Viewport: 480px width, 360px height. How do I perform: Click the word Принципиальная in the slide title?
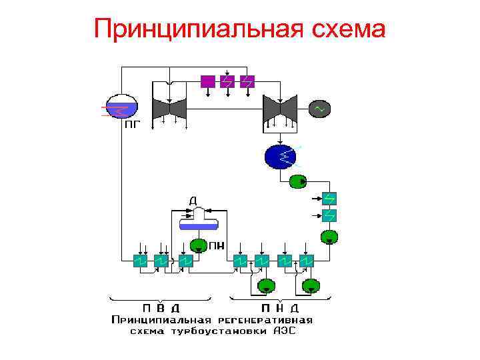(194, 29)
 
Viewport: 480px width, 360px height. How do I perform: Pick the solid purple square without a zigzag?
(208, 81)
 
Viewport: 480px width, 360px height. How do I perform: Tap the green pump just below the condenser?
(297, 181)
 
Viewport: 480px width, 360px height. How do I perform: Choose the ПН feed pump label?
(217, 246)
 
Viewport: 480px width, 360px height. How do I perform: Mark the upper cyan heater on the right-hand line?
(329, 198)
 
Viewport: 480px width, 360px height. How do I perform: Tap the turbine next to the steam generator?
(169, 107)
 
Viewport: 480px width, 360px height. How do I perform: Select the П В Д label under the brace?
(161, 308)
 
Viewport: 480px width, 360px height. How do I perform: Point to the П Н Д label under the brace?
(279, 308)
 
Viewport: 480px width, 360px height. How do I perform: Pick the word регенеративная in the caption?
(263, 319)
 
